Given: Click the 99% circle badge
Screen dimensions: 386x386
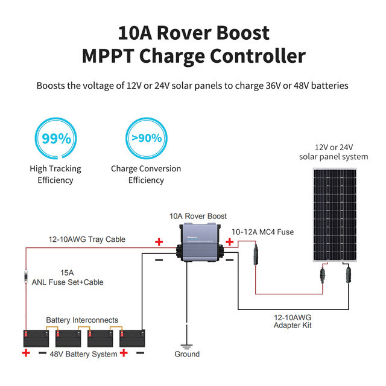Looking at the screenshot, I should tap(55, 138).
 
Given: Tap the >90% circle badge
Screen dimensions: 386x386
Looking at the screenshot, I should tap(145, 138).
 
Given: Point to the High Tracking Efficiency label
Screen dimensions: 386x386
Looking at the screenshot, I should tap(55, 174).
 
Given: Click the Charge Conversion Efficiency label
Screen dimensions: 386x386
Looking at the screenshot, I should tap(145, 174).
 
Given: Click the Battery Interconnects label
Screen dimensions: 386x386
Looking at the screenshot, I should tap(82, 320).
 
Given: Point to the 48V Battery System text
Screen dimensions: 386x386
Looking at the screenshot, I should tap(84, 354).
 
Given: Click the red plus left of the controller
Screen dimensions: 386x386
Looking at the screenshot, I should tap(159, 242).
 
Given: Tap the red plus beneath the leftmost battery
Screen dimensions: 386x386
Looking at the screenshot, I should tap(25, 353).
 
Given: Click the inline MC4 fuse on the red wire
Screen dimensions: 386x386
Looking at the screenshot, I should tap(255, 254).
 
